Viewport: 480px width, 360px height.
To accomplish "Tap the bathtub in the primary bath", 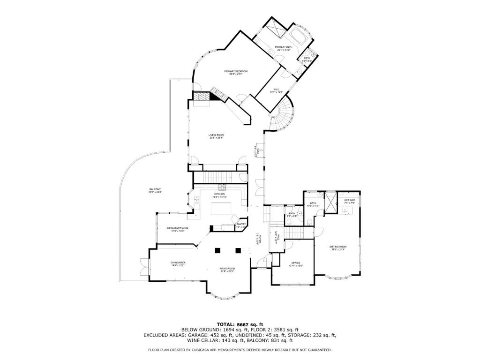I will pos(298,37).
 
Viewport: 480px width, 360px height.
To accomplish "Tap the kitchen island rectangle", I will pos(222,209).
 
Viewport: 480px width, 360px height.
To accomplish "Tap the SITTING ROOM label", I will pos(337,248).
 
